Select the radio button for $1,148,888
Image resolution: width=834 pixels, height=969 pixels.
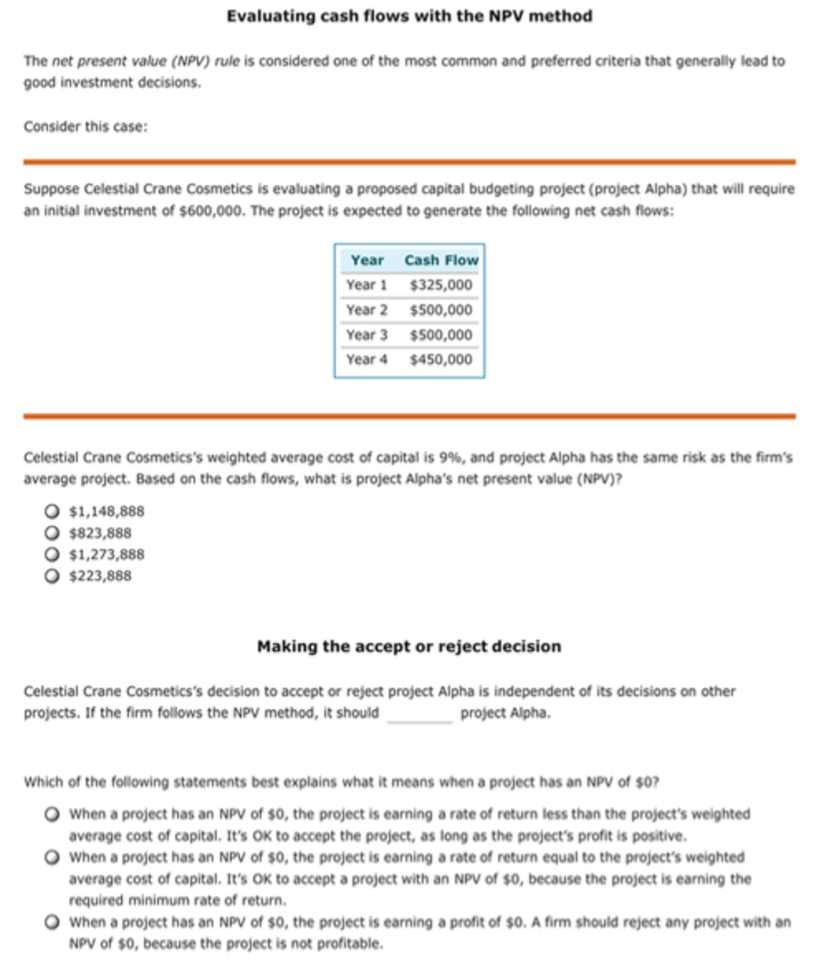pos(52,511)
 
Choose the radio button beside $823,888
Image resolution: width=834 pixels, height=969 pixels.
pos(52,533)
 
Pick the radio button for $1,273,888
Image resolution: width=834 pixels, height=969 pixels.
pos(52,554)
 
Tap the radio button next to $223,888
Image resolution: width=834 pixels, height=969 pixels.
pos(52,576)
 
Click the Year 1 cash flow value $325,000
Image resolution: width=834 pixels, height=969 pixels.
pos(441,285)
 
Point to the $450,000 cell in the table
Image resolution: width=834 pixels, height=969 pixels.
pos(441,359)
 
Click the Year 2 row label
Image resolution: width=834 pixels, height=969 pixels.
pos(367,310)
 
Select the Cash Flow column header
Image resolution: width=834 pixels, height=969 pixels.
pos(441,260)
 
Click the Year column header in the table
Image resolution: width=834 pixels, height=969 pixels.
pos(367,260)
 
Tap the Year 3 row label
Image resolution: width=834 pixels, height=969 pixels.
pos(367,335)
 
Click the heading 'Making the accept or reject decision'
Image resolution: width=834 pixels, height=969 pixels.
pos(409,646)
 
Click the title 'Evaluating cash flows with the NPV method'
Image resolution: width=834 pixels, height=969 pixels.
pos(409,16)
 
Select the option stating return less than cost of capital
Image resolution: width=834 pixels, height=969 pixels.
pos(52,814)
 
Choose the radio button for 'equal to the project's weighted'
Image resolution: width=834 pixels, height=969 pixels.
pos(52,857)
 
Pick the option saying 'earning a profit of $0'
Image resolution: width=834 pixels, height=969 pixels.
pos(52,922)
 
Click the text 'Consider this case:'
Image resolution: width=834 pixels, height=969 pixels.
pos(86,126)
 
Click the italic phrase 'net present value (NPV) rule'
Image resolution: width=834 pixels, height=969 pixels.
pos(145,61)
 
